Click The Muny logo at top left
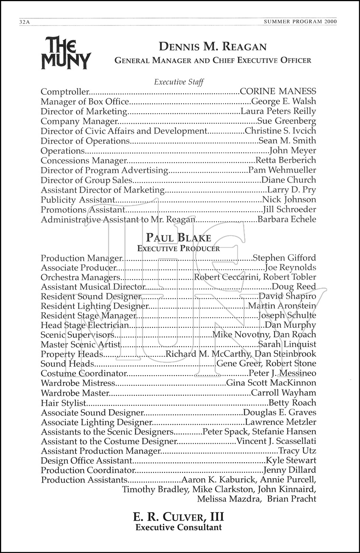(66, 52)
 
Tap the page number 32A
(24, 22)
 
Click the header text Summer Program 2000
(300, 22)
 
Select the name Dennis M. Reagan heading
(213, 47)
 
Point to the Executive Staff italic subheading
(179, 82)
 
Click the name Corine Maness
(278, 91)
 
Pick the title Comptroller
(65, 92)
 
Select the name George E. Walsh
(283, 101)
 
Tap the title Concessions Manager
(84, 161)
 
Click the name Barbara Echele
(287, 219)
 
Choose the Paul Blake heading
(179, 237)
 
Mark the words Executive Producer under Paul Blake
(179, 248)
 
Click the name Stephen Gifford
(284, 258)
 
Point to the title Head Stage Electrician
(85, 325)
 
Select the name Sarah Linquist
(287, 344)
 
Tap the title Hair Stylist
(63, 403)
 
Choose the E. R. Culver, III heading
(179, 517)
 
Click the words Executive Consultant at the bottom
(179, 528)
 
